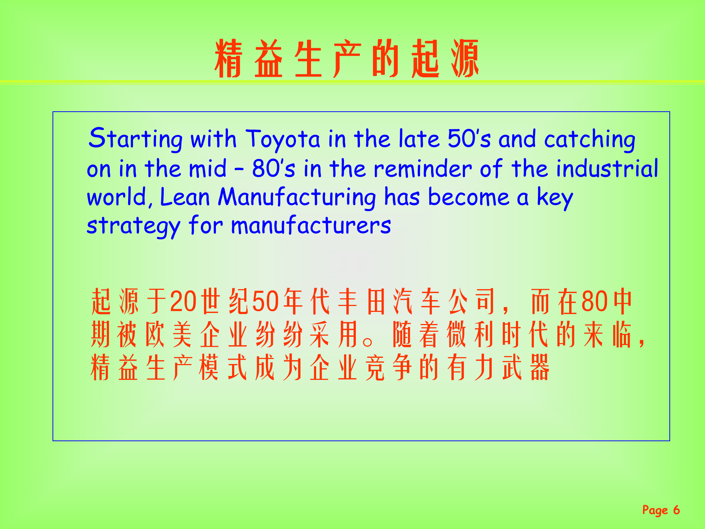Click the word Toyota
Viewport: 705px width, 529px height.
point(283,140)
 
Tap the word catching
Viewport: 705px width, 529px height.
point(589,140)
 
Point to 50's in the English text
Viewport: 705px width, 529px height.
point(469,139)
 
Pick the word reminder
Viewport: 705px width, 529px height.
point(422,169)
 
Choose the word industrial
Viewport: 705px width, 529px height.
point(607,169)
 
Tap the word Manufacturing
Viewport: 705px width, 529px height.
point(297,198)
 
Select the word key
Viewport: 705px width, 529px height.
point(555,198)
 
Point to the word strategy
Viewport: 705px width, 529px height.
point(133,226)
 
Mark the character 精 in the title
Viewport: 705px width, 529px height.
point(228,59)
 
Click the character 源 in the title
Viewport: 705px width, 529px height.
point(465,59)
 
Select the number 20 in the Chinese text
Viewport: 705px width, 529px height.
point(184,302)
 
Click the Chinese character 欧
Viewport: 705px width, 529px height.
point(155,335)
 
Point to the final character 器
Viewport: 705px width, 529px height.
point(540,367)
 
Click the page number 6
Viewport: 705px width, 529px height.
point(676,510)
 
